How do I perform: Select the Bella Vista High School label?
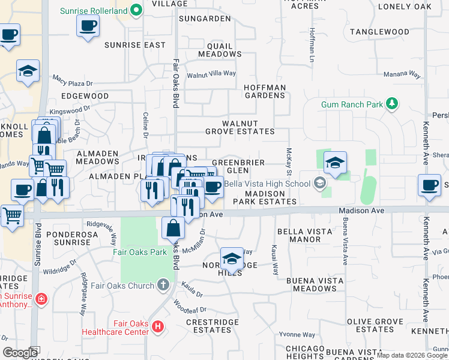[x=264, y=183]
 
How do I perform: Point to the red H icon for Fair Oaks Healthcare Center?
[x=158, y=326]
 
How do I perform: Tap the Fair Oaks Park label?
[x=140, y=252]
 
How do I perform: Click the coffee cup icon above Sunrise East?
[x=88, y=26]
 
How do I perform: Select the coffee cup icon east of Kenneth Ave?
[x=430, y=185]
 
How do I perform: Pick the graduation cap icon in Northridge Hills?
[x=232, y=259]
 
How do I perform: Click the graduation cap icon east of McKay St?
[x=336, y=162]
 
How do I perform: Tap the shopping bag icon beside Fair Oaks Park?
[x=173, y=228]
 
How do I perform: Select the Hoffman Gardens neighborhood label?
[x=264, y=92]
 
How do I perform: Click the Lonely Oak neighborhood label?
[x=405, y=7]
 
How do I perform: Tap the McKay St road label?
[x=289, y=159]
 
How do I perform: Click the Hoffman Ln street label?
[x=312, y=45]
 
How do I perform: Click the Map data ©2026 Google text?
[x=412, y=355]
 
